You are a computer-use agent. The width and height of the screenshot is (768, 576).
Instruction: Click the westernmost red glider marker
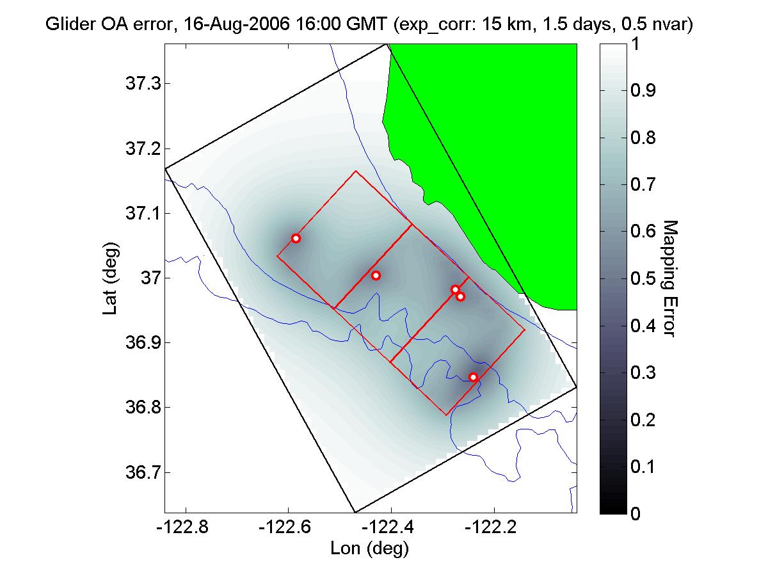[x=296, y=238]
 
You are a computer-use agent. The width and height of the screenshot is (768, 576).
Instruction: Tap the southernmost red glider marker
[x=474, y=377]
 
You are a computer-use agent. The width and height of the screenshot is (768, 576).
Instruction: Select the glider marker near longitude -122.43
[x=376, y=275]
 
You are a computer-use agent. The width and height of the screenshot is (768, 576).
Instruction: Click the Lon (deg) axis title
[x=369, y=548]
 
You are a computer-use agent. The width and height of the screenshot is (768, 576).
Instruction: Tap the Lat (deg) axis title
[x=109, y=278]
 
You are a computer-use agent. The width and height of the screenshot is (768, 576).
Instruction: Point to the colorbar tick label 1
[x=635, y=44]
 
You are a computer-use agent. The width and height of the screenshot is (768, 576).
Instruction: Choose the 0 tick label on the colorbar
[x=635, y=513]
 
